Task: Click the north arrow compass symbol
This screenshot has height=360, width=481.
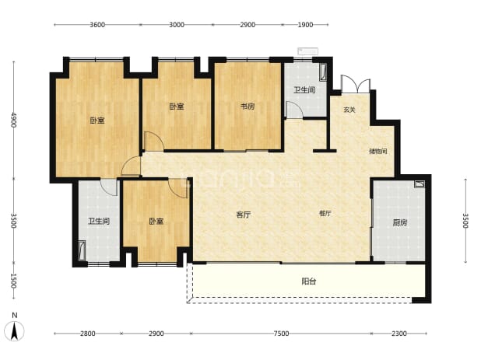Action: pos(14,331)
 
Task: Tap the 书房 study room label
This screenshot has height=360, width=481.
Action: pos(248,107)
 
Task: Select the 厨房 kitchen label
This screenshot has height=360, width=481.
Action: pos(400,222)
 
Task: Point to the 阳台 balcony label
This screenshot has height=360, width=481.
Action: pos(308,281)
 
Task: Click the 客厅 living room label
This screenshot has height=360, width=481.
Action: pos(244,215)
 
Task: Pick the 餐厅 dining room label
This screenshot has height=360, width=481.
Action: pos(325,213)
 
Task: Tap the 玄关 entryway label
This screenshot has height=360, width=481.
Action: pos(349,110)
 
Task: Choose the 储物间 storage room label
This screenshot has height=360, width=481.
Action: pos(377,151)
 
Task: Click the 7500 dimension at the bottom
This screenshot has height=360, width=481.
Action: pos(281,334)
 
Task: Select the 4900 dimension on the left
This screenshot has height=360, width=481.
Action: pos(14,120)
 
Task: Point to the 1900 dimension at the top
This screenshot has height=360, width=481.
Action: pos(305,25)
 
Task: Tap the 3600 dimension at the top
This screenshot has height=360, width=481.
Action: pos(97,25)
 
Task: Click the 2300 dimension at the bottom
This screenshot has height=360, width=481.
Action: pos(398,334)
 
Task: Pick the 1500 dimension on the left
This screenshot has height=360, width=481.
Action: pos(13,281)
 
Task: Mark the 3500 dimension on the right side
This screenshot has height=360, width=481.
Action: pos(465,221)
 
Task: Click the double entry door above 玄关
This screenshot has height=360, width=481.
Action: pos(356,84)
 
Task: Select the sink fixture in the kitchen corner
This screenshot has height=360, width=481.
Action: pos(420,183)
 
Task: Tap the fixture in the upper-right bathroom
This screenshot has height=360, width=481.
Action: pos(323,72)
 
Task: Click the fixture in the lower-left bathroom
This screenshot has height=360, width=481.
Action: pos(82,250)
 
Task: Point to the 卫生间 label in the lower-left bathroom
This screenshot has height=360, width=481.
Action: pos(99,221)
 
